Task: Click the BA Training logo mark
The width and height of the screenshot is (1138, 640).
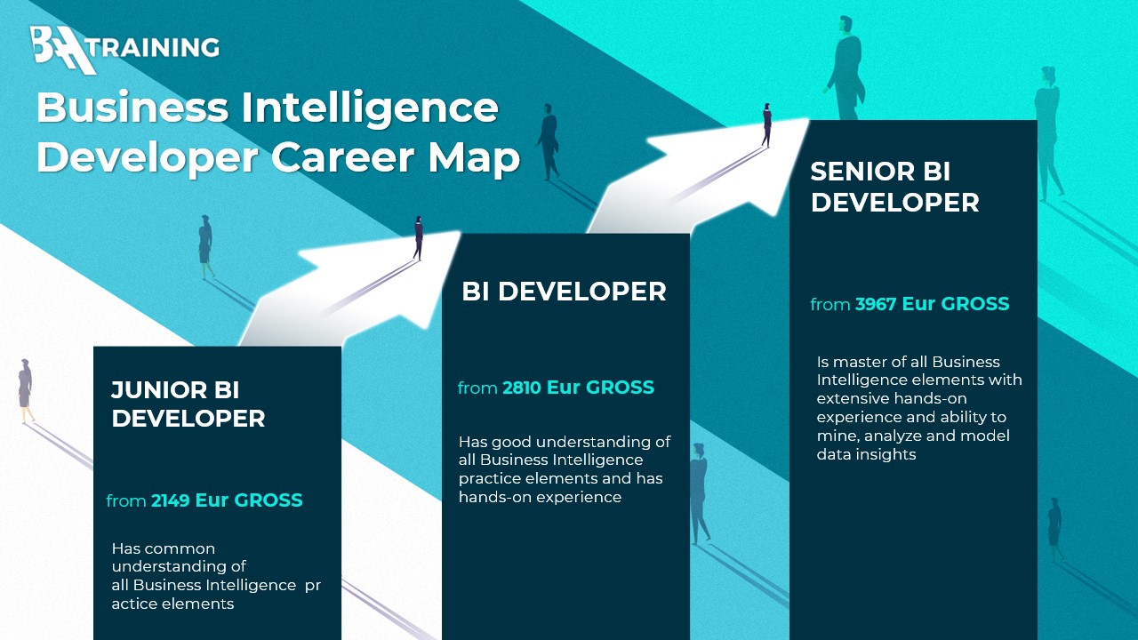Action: click(63, 49)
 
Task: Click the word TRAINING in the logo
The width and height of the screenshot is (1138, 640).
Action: click(157, 48)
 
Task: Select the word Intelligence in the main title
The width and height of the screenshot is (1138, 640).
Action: click(370, 108)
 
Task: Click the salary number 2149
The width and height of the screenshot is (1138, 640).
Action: click(170, 500)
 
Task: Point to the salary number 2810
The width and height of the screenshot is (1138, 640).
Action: click(522, 388)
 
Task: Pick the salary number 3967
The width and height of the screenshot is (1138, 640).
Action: click(876, 304)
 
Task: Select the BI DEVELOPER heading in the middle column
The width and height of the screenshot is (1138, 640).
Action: click(564, 292)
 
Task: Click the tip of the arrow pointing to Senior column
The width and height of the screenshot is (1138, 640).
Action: click(809, 120)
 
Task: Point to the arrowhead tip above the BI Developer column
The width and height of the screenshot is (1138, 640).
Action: click(461, 233)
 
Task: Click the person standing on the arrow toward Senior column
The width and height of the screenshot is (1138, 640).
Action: click(766, 125)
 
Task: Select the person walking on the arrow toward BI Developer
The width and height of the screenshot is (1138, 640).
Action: click(418, 237)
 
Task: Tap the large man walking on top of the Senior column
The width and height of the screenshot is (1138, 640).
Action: click(845, 68)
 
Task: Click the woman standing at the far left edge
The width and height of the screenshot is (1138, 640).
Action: click(25, 391)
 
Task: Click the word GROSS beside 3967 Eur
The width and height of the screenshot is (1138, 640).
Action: click(975, 304)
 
